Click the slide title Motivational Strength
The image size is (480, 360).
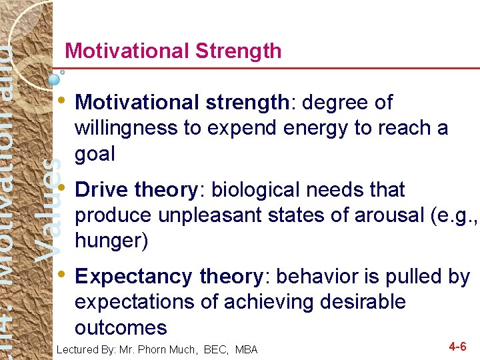tap(173, 51)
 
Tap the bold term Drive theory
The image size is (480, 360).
tap(136, 190)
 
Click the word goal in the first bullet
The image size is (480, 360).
tap(95, 154)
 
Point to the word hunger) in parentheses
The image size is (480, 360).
tap(111, 241)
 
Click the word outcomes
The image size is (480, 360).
tap(121, 327)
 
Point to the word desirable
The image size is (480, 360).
tap(360, 302)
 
